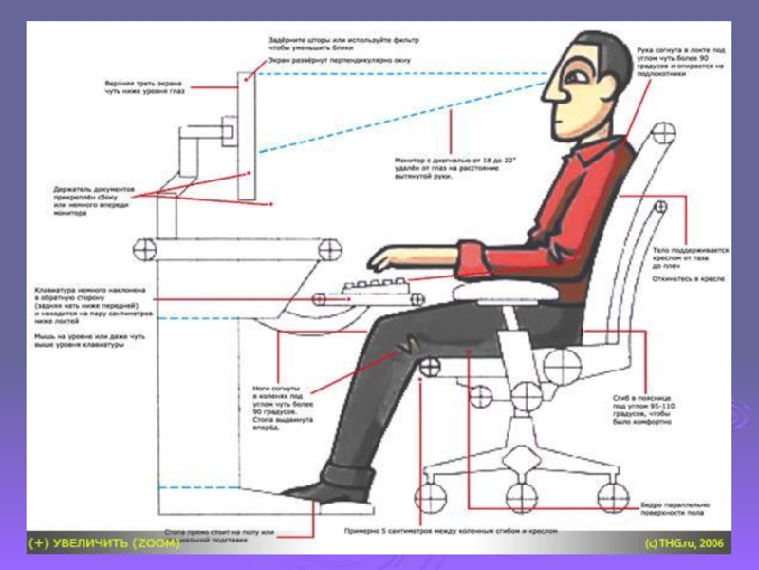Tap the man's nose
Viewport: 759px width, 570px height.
tap(548, 94)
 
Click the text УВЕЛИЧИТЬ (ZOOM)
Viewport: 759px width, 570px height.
tap(105, 543)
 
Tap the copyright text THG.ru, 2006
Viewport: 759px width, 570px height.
tap(683, 543)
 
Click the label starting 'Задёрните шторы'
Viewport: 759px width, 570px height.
tap(342, 44)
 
